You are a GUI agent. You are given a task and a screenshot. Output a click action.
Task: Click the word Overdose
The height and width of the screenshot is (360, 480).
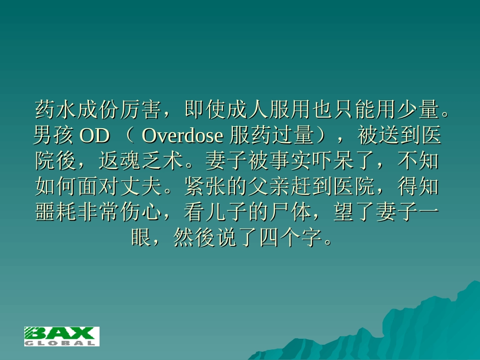[x=182, y=135]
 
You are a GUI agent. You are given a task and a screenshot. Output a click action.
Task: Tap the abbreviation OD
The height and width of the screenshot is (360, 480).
[x=95, y=135]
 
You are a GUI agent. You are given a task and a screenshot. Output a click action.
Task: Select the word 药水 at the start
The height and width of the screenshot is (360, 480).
[x=56, y=109]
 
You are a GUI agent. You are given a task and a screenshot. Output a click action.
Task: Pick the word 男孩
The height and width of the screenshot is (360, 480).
[x=54, y=135]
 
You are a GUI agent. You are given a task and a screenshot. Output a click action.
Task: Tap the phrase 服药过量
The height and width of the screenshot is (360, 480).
[x=272, y=135]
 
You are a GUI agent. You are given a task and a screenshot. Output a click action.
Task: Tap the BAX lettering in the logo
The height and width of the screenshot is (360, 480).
[x=61, y=333]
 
